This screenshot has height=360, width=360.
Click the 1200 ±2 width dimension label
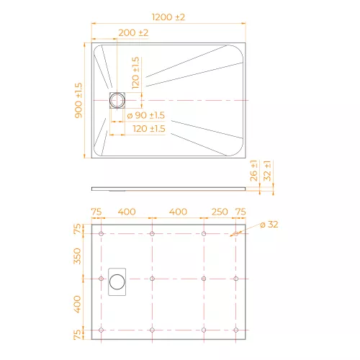168,17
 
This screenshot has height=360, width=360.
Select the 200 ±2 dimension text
133,33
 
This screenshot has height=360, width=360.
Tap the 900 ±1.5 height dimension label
78,101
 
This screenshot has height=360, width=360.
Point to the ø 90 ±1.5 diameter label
146,115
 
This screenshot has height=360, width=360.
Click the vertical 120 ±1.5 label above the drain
135,73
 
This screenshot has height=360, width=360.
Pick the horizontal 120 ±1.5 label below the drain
149,129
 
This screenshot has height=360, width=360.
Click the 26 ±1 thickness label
253,171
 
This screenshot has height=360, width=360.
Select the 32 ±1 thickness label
267,171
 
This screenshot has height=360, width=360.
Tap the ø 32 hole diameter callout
269,225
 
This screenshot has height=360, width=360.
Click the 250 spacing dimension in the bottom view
220,212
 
